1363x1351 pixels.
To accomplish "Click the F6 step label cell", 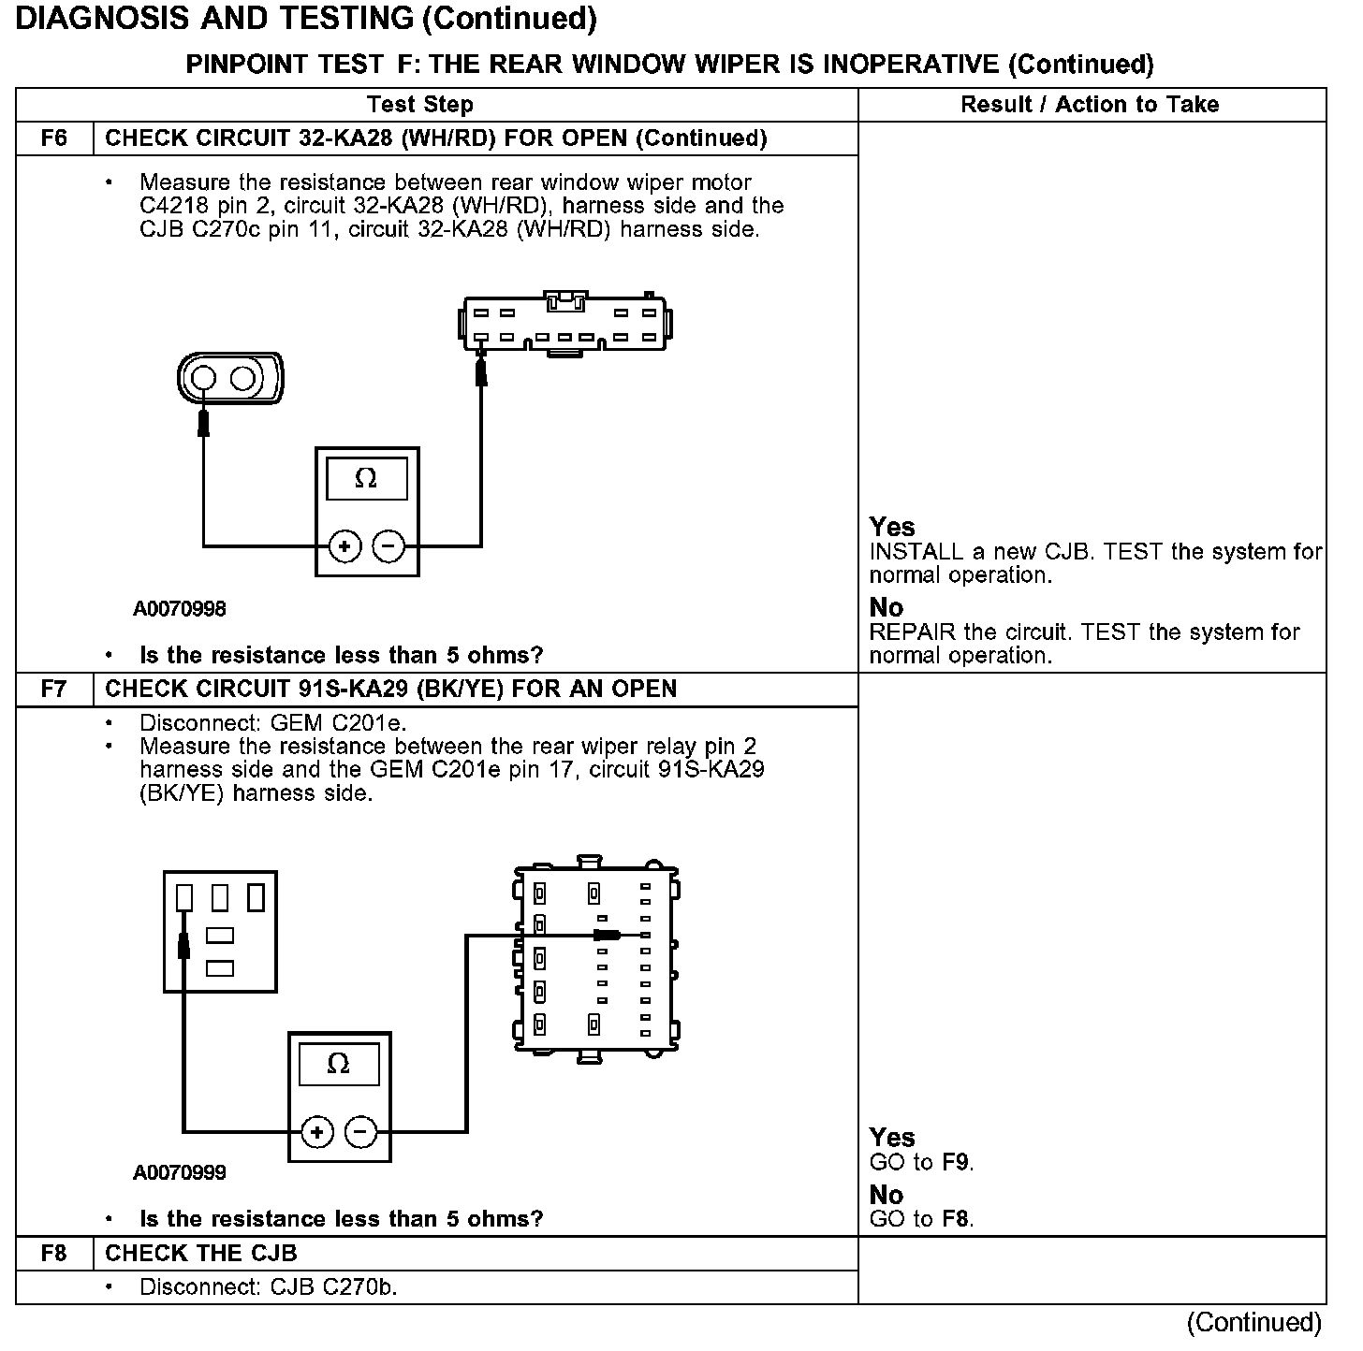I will (x=54, y=138).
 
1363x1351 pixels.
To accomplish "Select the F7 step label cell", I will (x=54, y=690).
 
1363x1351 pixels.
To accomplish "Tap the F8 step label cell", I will (x=54, y=1254).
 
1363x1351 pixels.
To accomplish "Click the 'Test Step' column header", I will (x=420, y=105).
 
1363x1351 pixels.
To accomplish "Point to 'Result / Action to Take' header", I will (x=1090, y=105).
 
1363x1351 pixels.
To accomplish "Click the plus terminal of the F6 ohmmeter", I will (x=345, y=546).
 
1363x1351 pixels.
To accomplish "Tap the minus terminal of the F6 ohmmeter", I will (x=388, y=546).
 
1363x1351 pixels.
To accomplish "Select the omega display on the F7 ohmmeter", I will (x=339, y=1065).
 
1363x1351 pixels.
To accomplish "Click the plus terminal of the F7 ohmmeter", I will (x=317, y=1133).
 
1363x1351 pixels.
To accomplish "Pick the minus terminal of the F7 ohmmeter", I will (x=360, y=1133).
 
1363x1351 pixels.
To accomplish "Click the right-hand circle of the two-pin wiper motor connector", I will (x=243, y=378).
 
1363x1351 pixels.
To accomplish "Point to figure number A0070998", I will (x=180, y=609).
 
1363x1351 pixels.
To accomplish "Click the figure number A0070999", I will (x=180, y=1172).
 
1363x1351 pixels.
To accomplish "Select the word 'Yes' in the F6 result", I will (x=891, y=527).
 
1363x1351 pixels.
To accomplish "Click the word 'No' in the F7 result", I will (x=886, y=1195).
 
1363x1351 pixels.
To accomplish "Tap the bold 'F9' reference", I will (x=956, y=1163).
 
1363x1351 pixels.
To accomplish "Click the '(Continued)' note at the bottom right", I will (x=1253, y=1322).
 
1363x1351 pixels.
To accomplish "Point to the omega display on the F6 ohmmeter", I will (x=366, y=480).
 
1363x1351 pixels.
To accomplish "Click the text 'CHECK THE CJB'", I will (x=200, y=1254).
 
